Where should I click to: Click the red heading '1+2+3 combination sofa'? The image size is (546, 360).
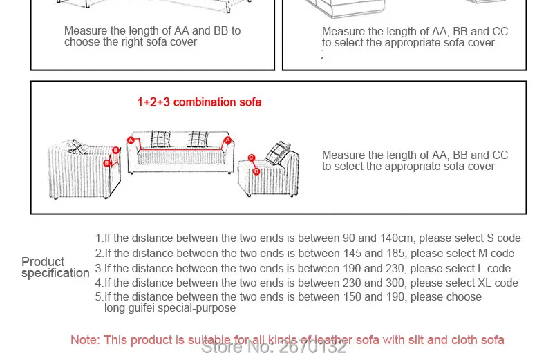(x=199, y=102)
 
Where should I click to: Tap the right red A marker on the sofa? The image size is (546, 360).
(x=226, y=140)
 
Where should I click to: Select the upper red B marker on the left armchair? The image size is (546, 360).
(x=115, y=149)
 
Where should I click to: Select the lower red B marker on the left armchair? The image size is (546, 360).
(x=106, y=164)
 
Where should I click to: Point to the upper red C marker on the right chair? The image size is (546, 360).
(x=252, y=158)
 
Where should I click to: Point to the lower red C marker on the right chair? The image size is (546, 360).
(x=256, y=171)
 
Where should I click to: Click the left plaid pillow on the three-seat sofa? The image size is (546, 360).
(x=160, y=139)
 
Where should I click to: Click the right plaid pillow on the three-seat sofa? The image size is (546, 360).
(x=198, y=139)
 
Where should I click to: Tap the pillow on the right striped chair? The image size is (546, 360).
(x=279, y=151)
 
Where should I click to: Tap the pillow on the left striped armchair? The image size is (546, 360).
(x=75, y=147)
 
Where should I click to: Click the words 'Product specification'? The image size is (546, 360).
(x=55, y=267)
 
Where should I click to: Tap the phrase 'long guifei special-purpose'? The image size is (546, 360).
(x=170, y=308)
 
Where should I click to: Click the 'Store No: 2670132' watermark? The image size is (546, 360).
(x=274, y=347)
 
